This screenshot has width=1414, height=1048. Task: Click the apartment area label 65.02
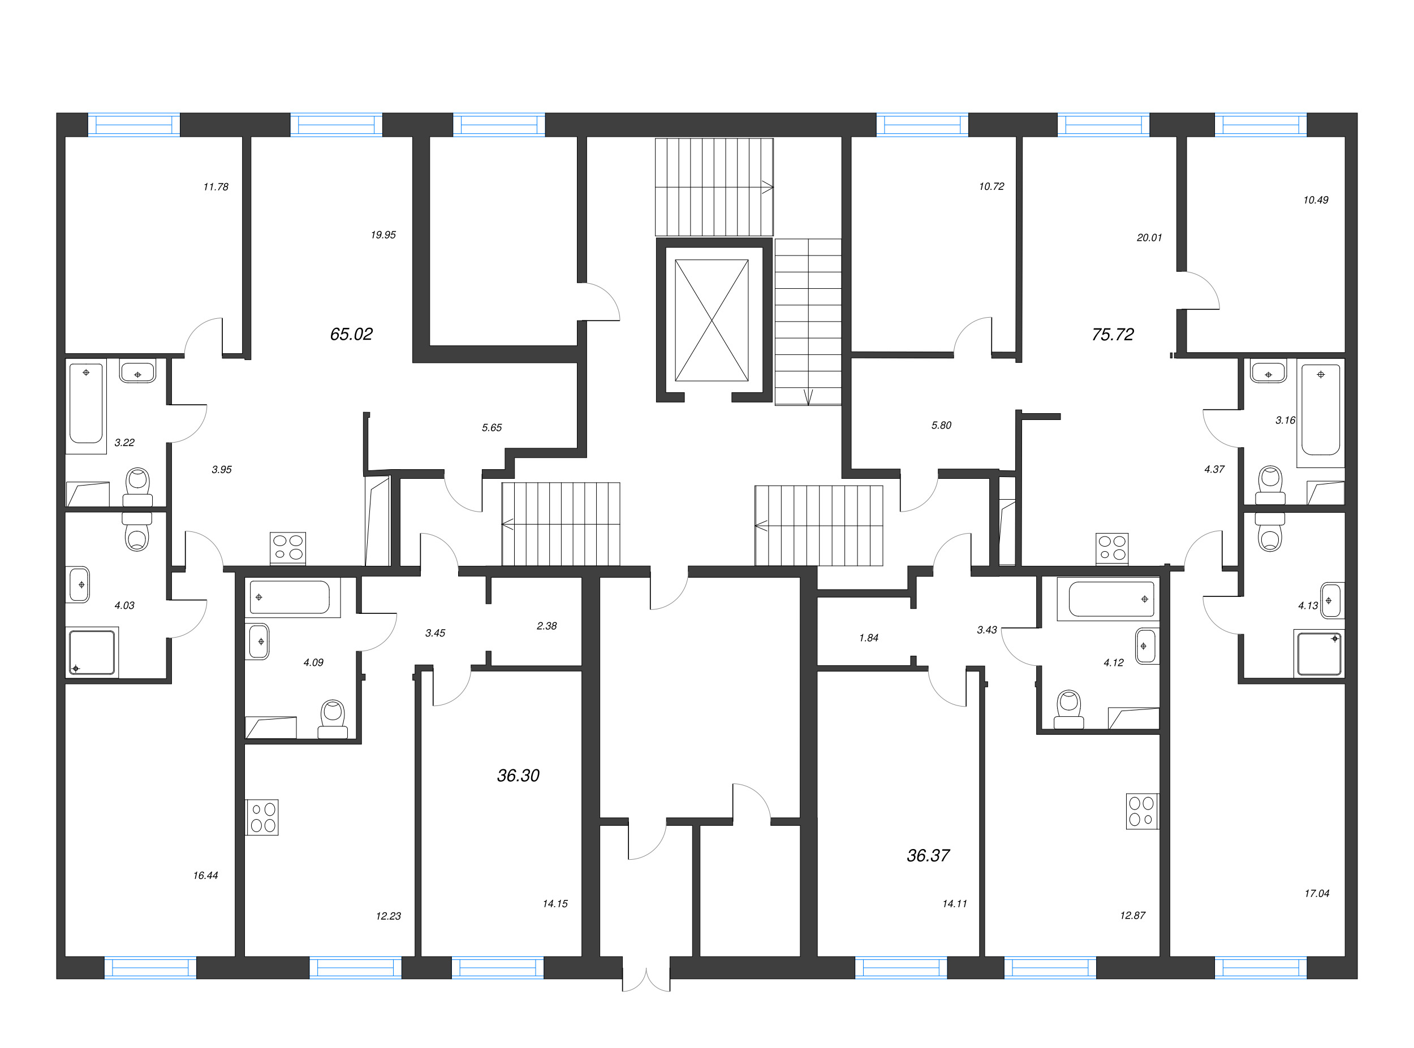point(351,334)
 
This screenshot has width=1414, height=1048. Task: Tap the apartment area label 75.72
point(1112,334)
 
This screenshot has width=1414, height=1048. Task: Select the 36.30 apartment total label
point(518,775)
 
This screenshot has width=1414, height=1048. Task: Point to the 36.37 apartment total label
point(928,856)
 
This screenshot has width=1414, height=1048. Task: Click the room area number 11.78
point(216,187)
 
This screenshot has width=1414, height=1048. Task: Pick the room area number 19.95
point(383,235)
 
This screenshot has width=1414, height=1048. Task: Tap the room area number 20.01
point(1149,238)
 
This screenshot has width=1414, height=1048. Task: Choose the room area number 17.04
point(1316,894)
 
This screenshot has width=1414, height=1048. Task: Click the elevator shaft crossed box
point(712,321)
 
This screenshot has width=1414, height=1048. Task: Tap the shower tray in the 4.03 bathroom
point(92,652)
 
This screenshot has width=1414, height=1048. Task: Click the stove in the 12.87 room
point(1141,811)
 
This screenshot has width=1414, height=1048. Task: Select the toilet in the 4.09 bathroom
point(333,718)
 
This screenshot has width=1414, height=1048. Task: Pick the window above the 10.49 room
point(1260,125)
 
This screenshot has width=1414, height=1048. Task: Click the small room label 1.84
point(868,638)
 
